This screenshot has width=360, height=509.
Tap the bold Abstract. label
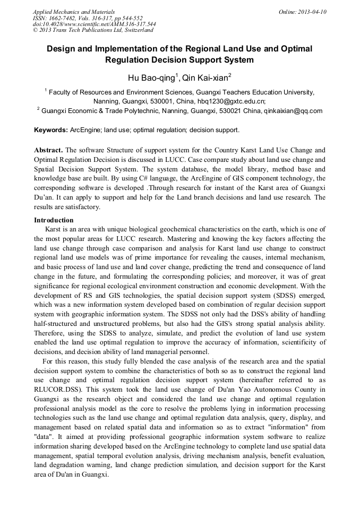coord(48,150)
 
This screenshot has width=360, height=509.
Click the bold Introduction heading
coord(54,220)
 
